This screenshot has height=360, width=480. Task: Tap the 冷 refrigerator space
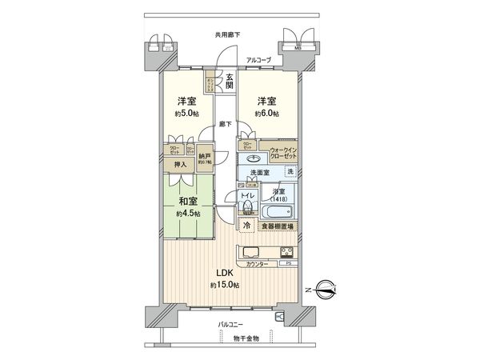(x=247, y=227)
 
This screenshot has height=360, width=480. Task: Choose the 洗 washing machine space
(x=290, y=173)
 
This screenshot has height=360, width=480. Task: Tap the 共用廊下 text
(x=227, y=34)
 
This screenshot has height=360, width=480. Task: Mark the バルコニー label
(x=231, y=326)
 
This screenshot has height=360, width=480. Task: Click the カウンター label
(x=257, y=263)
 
